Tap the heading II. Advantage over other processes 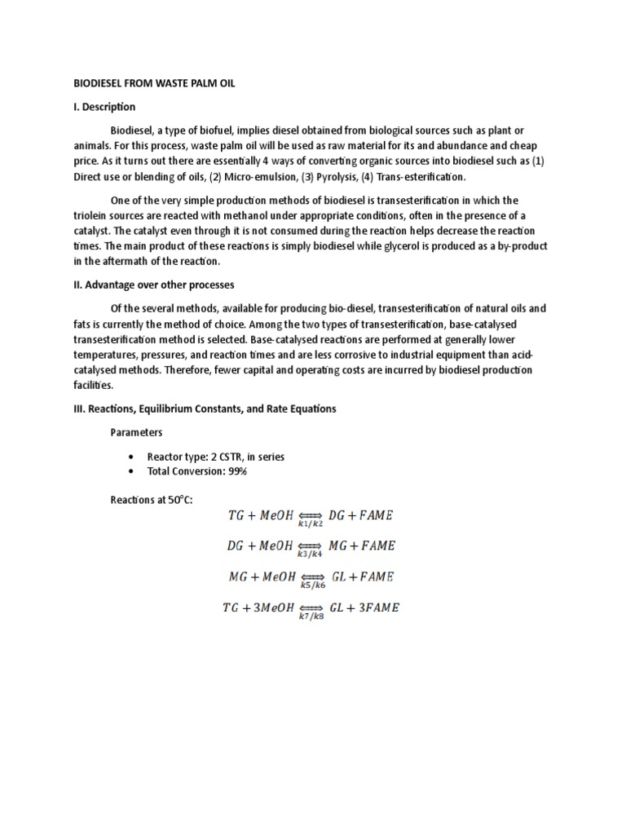point(152,285)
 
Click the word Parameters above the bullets point(136,432)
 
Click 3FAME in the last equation point(378,608)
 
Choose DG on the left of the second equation point(236,546)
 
